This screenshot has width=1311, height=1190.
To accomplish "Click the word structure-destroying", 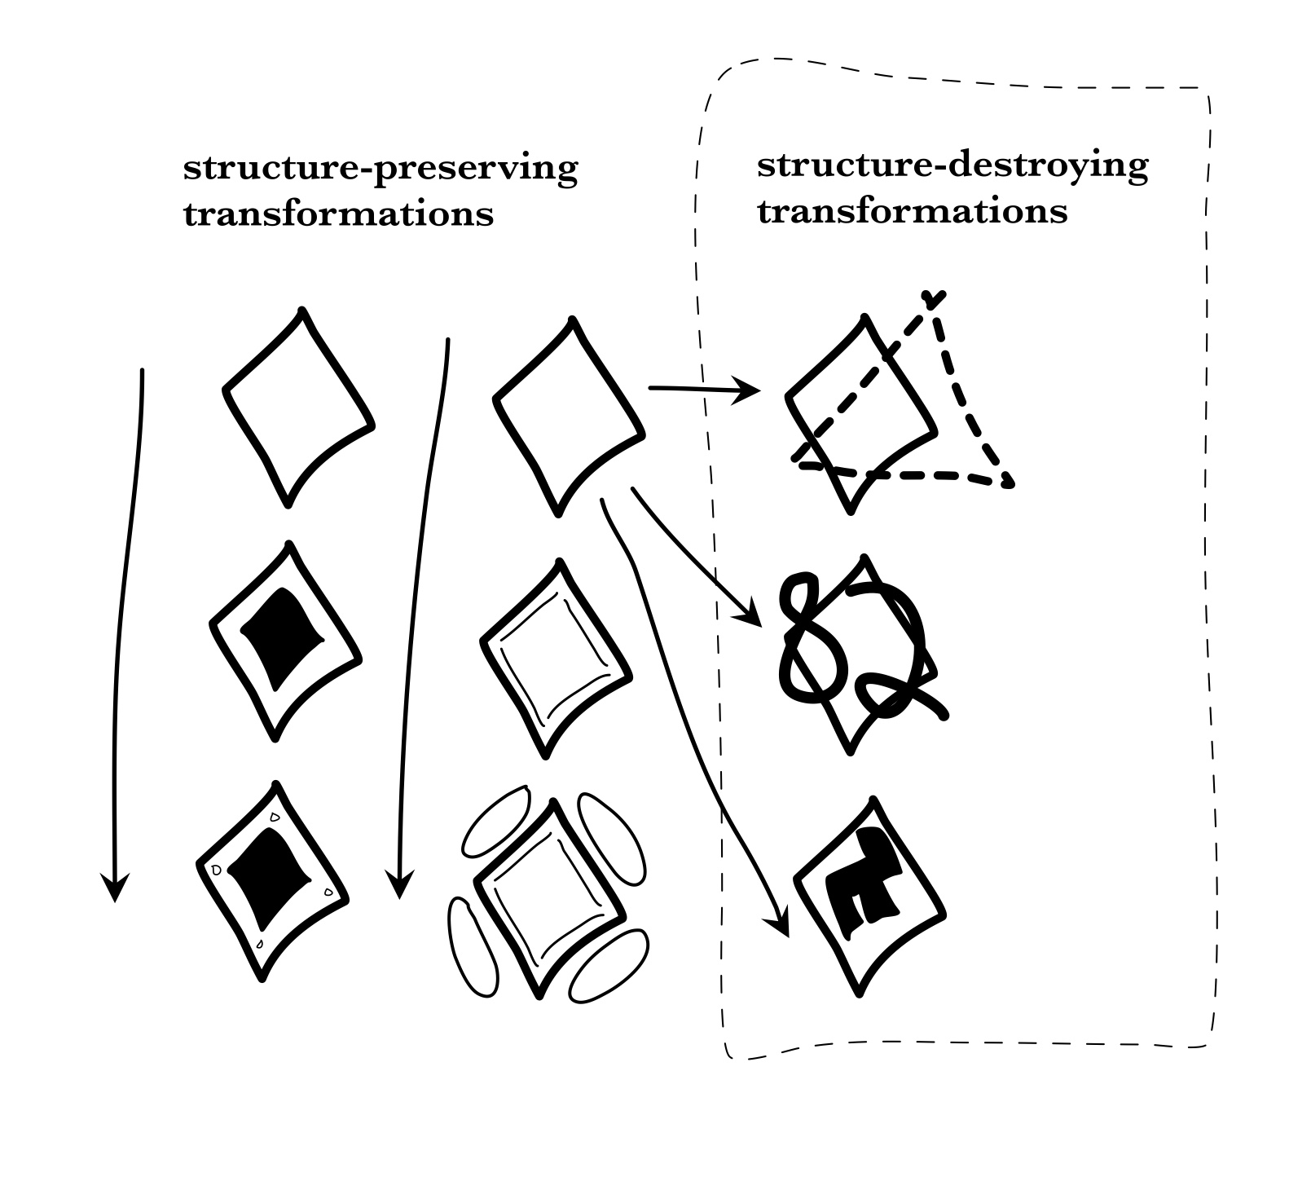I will tap(952, 166).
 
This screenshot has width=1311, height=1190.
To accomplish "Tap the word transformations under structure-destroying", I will tap(912, 212).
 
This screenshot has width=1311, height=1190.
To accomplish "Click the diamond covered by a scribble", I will tap(856, 652).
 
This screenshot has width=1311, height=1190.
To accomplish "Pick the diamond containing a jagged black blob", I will tap(869, 894).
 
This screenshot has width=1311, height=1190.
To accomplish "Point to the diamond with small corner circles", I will tap(272, 880).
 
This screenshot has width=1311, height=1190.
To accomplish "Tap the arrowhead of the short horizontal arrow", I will tap(751, 390).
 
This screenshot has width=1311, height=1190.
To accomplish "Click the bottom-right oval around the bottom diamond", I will tap(608, 967).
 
